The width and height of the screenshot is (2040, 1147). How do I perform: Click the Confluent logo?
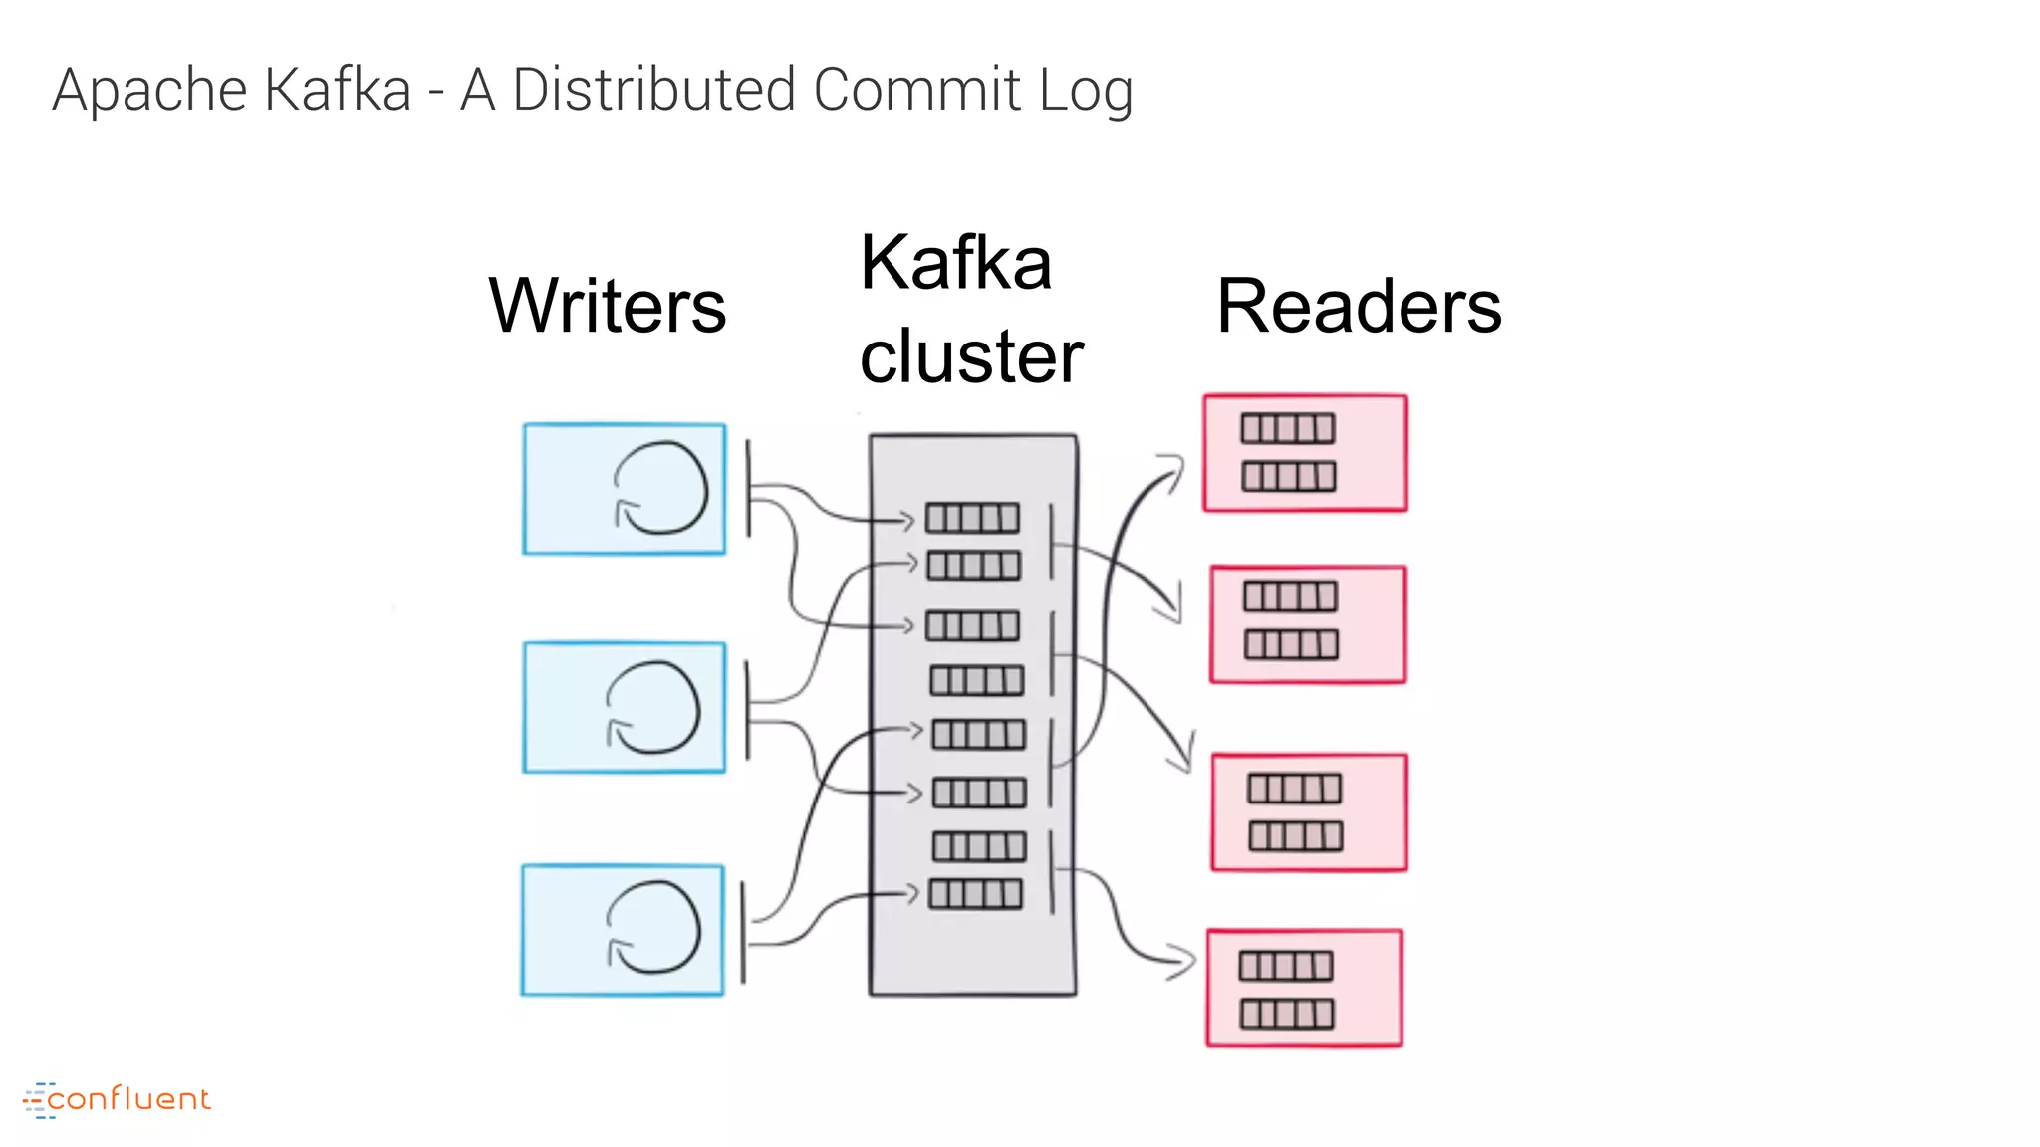click(x=118, y=1099)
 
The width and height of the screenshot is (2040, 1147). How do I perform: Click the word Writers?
click(x=608, y=306)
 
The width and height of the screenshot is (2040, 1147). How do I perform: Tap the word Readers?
click(x=1359, y=306)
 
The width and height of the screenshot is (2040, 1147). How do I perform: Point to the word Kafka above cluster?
click(x=955, y=263)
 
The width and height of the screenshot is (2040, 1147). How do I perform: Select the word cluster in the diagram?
click(x=971, y=356)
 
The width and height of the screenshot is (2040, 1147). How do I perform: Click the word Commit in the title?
click(x=916, y=90)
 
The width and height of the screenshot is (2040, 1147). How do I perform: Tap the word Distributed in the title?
click(x=653, y=90)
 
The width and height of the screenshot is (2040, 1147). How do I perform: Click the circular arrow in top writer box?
click(x=660, y=488)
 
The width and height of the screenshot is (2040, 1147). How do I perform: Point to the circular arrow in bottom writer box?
click(x=653, y=927)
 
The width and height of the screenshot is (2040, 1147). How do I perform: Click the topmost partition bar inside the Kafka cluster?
click(x=972, y=518)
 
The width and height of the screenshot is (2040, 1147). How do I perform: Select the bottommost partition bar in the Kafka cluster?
click(x=975, y=894)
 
